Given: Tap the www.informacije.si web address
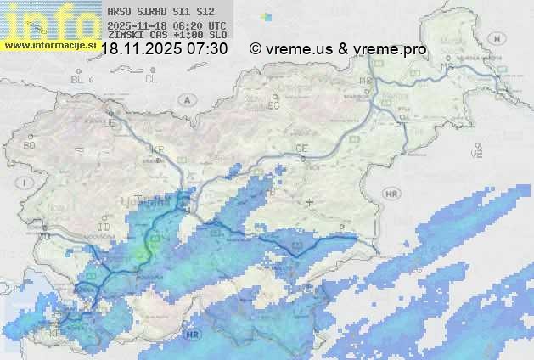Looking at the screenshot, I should [50, 45].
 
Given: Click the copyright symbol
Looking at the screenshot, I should [255, 49].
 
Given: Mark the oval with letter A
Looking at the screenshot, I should [185, 99].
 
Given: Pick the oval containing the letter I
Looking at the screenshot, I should [26, 183].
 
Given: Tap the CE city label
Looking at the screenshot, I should [301, 149].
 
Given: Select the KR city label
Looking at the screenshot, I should [157, 149].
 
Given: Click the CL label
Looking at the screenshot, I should [151, 79].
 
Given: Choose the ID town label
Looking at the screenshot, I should [104, 228].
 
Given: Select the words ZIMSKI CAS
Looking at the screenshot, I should [136, 36].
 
